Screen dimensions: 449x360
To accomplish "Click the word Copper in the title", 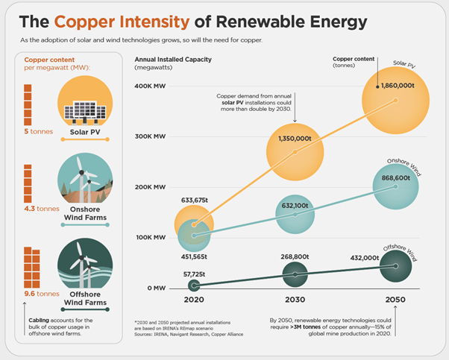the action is [85, 22].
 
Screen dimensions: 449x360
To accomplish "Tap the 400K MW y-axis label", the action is [150, 86].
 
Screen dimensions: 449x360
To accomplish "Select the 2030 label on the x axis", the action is [295, 300].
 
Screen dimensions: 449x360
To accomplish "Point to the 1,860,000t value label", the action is [398, 86].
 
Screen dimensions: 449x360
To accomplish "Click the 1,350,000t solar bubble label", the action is [295, 139].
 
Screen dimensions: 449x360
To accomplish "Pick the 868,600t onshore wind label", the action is [396, 178].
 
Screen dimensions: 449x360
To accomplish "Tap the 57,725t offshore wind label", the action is [194, 274].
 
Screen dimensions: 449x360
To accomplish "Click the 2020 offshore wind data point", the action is [194, 285].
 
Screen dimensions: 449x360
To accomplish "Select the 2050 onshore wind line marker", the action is [396, 186].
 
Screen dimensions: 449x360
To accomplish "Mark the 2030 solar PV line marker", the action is [295, 152].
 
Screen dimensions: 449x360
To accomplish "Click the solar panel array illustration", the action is [85, 113].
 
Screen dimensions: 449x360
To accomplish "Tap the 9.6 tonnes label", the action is [42, 294].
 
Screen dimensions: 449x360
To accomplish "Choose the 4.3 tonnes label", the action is [42, 209].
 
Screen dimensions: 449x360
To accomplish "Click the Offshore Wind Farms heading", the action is [85, 298].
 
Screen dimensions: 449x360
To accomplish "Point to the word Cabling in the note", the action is [39, 320].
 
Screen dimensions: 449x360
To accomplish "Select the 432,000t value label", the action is [365, 258].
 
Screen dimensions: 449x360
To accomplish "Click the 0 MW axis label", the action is [157, 288].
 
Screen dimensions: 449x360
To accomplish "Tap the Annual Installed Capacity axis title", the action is [173, 60].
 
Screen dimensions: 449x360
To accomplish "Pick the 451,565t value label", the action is [194, 256].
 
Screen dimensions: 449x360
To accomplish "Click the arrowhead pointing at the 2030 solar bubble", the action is [295, 121].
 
